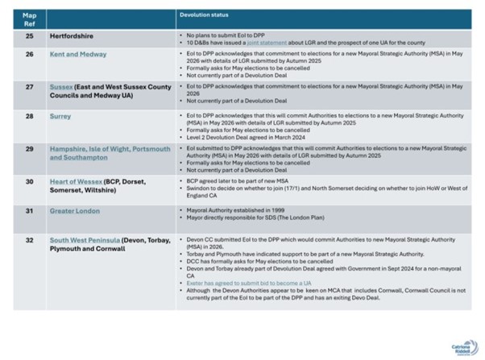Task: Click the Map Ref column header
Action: [x=29, y=19]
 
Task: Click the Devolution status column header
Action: [x=203, y=15]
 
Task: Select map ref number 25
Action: [x=30, y=36]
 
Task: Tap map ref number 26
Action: [x=30, y=55]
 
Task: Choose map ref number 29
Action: [x=30, y=149]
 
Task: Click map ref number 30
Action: [x=30, y=182]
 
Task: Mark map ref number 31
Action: [x=30, y=211]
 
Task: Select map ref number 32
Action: [x=30, y=240]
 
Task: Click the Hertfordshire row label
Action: [x=72, y=36]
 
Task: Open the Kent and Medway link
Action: [x=78, y=55]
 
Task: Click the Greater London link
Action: [x=75, y=211]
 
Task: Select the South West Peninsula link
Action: [x=85, y=240]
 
